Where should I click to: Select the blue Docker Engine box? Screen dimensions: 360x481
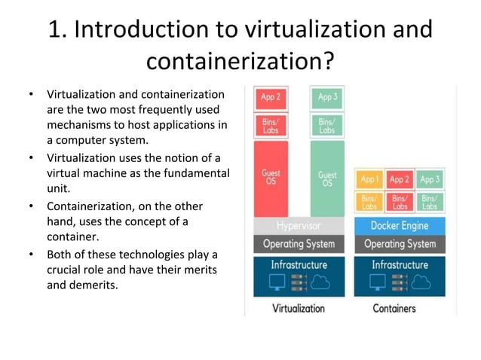pos(399,226)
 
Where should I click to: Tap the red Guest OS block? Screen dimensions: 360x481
pos(271,178)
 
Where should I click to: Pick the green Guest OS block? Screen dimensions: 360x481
pos(327,178)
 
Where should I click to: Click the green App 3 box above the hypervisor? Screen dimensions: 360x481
pos(327,97)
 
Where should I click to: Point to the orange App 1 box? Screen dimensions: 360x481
pos(369,180)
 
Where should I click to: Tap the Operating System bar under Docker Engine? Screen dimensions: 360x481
pos(399,244)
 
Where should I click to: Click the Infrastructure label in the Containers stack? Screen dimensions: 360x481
pos(399,265)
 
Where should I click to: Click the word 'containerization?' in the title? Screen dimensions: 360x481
pos(240,61)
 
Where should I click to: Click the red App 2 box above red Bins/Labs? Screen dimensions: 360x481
pos(271,97)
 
